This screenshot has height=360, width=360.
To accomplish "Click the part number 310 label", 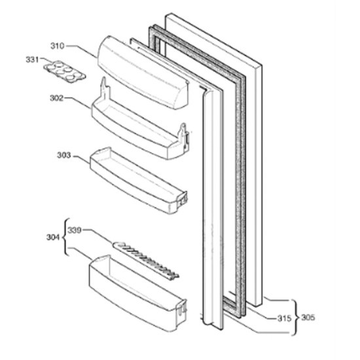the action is pyautogui.click(x=58, y=46).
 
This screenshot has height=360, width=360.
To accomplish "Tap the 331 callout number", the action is pyautogui.click(x=32, y=60).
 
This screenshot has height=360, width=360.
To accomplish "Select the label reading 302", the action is pyautogui.click(x=56, y=98).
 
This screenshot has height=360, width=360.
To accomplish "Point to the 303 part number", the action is pyautogui.click(x=64, y=155).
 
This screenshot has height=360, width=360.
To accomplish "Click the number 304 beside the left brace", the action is pyautogui.click(x=53, y=237).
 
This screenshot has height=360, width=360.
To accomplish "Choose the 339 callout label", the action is pyautogui.click(x=75, y=230).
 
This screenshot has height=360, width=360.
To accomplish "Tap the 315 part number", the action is pyautogui.click(x=285, y=318).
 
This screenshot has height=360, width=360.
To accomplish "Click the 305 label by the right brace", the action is pyautogui.click(x=308, y=317).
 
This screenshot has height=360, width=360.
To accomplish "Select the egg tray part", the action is pyautogui.click(x=65, y=71).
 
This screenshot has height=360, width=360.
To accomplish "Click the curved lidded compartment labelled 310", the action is pyautogui.click(x=143, y=72).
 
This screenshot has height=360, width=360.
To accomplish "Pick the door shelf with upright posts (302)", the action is pyautogui.click(x=140, y=124).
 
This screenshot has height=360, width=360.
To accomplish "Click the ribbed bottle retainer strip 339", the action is pyautogui.click(x=145, y=260).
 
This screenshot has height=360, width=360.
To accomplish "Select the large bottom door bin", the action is pyautogui.click(x=137, y=294).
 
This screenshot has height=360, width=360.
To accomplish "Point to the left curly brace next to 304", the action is pyautogui.click(x=65, y=237).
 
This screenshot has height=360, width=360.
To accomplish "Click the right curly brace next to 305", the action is pyautogui.click(x=295, y=317).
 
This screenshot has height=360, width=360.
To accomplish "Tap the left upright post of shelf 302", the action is pyautogui.click(x=105, y=88).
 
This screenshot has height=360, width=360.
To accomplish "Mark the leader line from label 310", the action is pyautogui.click(x=82, y=51).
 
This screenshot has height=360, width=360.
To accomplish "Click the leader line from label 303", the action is pyautogui.click(x=82, y=159).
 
